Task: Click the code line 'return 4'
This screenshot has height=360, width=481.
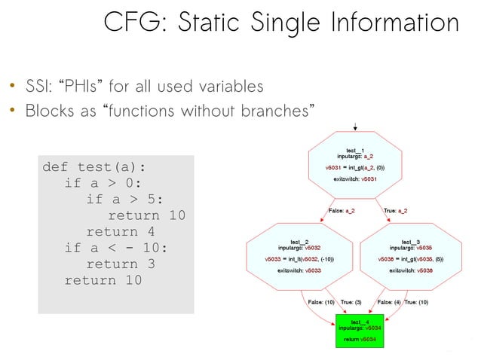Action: (121, 231)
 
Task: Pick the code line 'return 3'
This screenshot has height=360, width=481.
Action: (121, 264)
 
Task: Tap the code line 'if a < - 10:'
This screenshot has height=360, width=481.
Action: (116, 248)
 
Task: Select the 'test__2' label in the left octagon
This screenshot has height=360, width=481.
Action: (300, 240)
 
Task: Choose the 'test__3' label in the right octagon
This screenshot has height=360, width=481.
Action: (411, 240)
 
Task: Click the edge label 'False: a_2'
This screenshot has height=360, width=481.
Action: (342, 210)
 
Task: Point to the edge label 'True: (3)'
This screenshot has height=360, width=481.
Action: (352, 302)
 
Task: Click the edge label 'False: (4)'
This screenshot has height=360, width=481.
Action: (389, 302)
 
